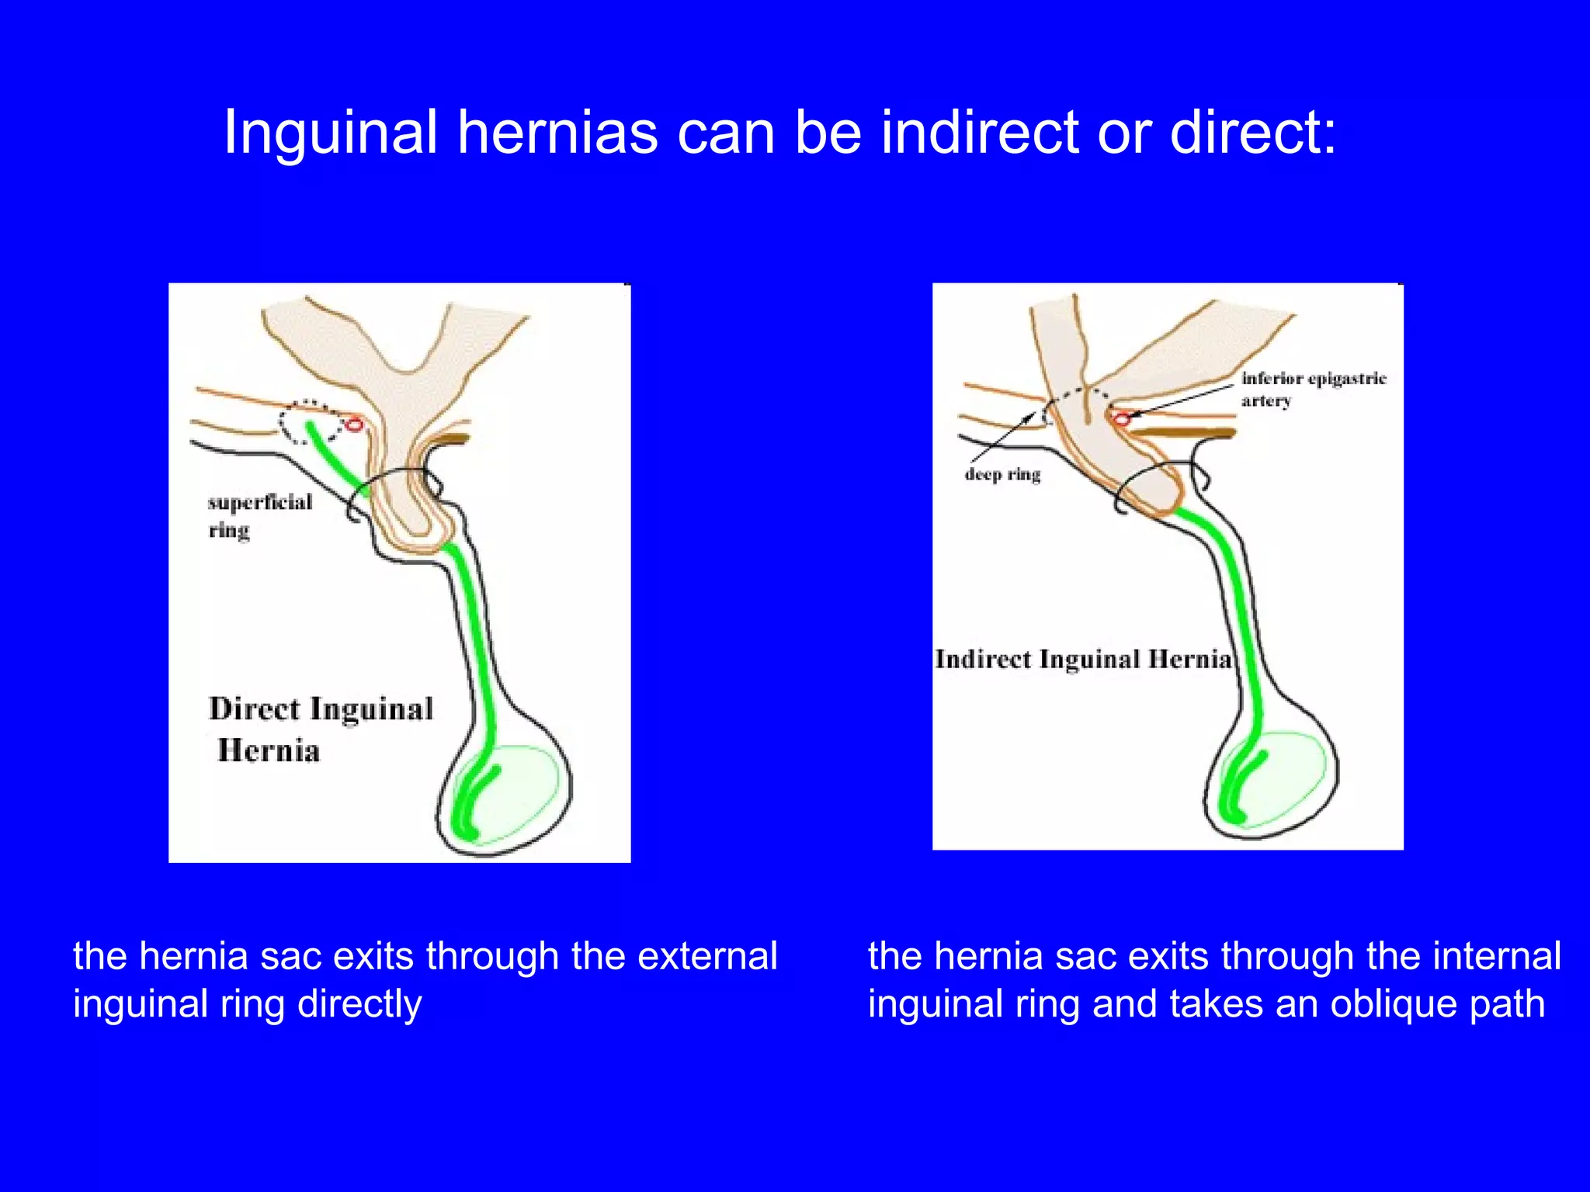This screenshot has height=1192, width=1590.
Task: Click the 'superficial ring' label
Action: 259,515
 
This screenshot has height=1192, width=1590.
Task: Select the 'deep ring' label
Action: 1002,474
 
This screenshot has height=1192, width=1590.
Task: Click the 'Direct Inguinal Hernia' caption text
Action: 320,728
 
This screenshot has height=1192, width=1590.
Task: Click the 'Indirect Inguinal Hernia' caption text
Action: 1083,660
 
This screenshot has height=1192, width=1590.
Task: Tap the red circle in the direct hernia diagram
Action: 354,424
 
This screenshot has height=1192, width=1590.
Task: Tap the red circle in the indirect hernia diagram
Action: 1121,419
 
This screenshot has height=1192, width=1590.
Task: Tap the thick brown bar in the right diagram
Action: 1188,432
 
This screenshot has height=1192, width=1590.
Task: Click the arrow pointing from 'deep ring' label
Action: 1002,440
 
